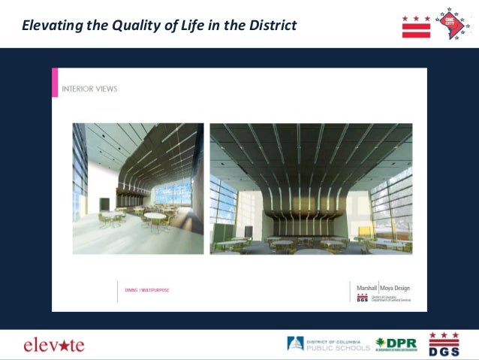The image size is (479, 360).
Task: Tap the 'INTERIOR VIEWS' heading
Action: tap(89, 89)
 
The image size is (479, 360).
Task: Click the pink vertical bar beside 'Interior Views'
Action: tap(55, 83)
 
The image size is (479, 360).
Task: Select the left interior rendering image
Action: tap(137, 189)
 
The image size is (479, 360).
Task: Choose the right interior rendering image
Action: tap(311, 189)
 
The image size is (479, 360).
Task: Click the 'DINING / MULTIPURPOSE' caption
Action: tap(147, 289)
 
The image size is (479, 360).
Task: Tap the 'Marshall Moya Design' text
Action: tap(383, 287)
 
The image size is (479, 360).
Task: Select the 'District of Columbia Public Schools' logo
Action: tap(328, 344)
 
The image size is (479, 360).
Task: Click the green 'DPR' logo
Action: tap(396, 344)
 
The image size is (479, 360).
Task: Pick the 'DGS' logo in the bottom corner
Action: tap(443, 343)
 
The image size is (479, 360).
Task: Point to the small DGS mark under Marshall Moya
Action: tap(362, 298)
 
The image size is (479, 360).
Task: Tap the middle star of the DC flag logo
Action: tap(416, 18)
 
